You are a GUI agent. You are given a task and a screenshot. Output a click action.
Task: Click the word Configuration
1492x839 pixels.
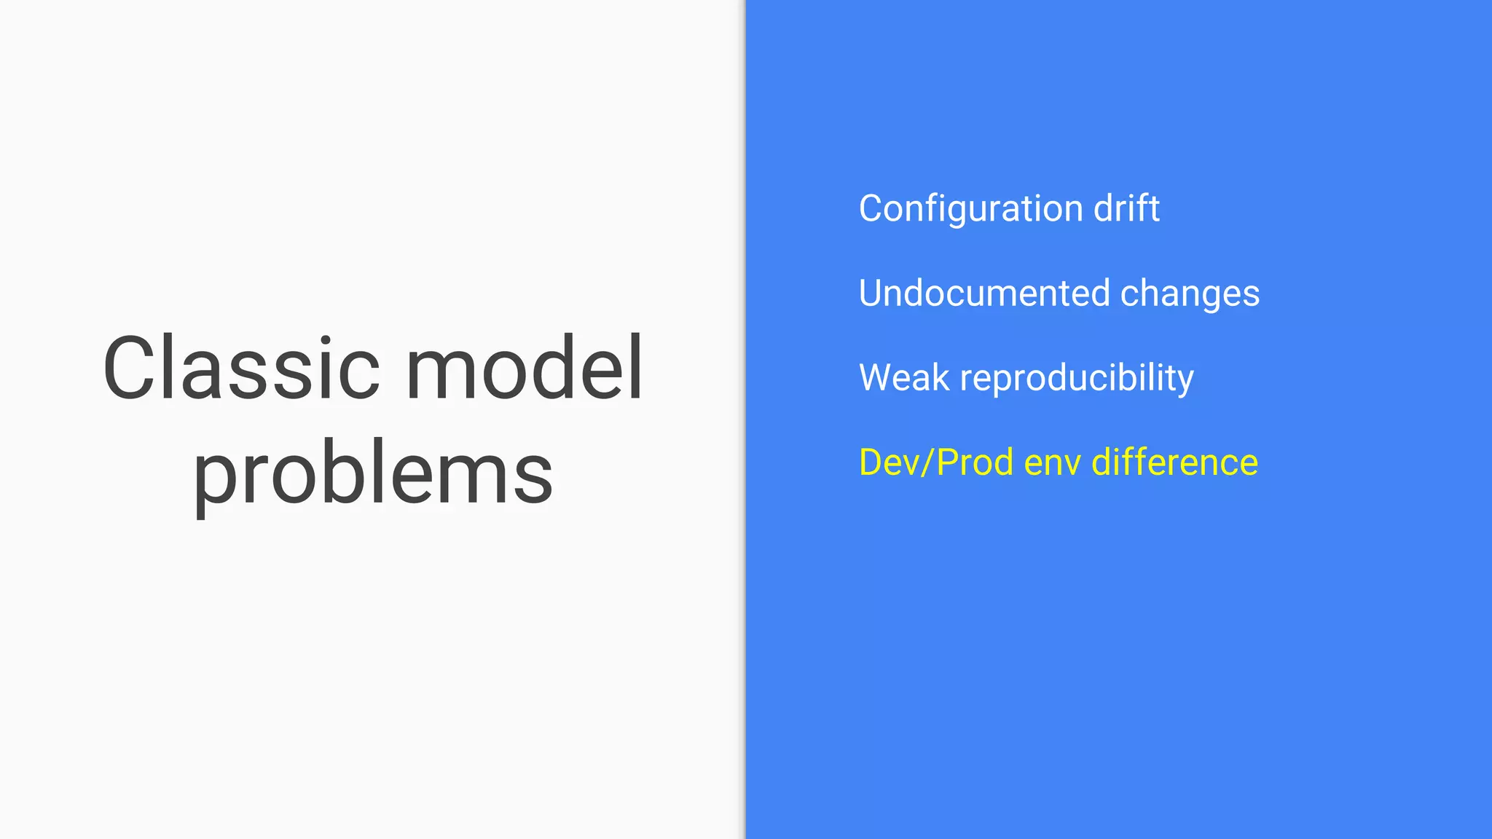970,209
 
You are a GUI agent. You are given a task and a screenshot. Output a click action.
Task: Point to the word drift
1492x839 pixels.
1126,208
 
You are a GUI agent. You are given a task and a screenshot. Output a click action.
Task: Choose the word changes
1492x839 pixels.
1190,294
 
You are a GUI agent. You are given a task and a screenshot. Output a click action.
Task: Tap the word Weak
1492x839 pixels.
904,377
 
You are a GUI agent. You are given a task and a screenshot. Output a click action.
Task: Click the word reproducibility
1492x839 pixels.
1077,379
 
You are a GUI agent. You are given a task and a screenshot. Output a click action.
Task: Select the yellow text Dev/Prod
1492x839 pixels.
936,462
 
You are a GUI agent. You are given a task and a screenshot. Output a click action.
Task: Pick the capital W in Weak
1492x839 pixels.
878,377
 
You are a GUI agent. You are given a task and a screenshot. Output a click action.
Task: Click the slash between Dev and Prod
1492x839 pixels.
927,463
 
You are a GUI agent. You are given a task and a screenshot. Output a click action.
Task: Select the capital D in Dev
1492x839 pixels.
872,462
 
